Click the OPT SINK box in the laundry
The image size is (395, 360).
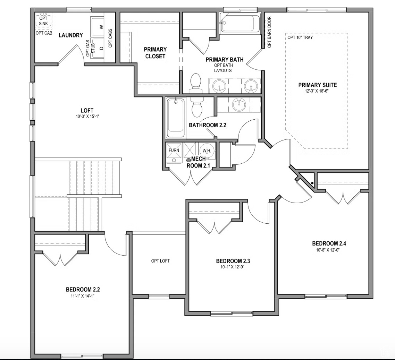(x=43, y=20)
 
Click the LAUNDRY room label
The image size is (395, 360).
(x=71, y=35)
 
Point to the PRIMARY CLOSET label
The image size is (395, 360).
(x=155, y=53)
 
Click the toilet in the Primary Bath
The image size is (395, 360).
(x=196, y=83)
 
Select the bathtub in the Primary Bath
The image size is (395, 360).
(x=239, y=23)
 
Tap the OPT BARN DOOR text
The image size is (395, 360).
(x=269, y=32)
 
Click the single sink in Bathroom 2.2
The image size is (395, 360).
(x=239, y=105)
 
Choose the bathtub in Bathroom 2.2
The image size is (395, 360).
(x=176, y=118)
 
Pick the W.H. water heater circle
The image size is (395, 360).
(x=207, y=151)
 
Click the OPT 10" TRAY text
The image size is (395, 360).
(x=300, y=37)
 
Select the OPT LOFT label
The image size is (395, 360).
(x=160, y=261)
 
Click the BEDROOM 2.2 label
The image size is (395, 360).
(x=83, y=289)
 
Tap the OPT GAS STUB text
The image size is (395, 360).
(x=90, y=48)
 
